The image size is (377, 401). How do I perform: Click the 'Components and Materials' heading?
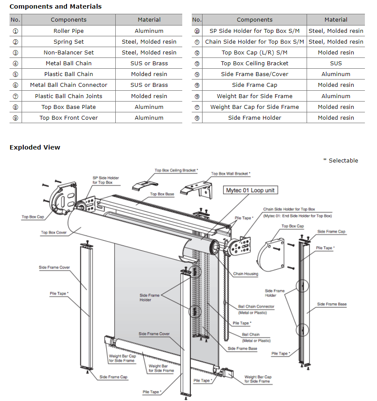pyautogui.click(x=55, y=6)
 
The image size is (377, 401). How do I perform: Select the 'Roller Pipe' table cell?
pyautogui.click(x=68, y=31)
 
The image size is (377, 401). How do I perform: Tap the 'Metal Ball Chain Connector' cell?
pyautogui.click(x=68, y=85)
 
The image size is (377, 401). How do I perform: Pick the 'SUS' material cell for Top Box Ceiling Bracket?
pyautogui.click(x=336, y=63)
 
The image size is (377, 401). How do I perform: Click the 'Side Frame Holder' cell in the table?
pyautogui.click(x=254, y=118)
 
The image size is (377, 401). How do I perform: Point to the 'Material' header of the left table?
pyautogui.click(x=149, y=19)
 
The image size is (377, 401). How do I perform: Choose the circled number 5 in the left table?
pyautogui.click(x=16, y=74)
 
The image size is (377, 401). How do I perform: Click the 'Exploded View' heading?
pyautogui.click(x=35, y=147)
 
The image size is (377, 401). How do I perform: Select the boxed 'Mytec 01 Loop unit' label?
pyautogui.click(x=250, y=190)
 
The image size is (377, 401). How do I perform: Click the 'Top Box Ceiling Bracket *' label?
pyautogui.click(x=176, y=170)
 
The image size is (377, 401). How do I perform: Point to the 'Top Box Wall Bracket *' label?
pyautogui.click(x=231, y=174)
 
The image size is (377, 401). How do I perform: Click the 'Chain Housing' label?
pyautogui.click(x=245, y=274)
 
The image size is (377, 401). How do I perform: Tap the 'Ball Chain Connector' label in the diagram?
pyautogui.click(x=256, y=306)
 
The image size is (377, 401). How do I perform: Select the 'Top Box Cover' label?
pyautogui.click(x=54, y=232)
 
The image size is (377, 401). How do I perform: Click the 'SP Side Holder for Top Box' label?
pyautogui.click(x=105, y=180)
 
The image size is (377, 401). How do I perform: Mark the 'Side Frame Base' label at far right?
pyautogui.click(x=332, y=304)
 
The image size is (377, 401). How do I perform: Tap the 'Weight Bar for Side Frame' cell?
pyautogui.click(x=254, y=96)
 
